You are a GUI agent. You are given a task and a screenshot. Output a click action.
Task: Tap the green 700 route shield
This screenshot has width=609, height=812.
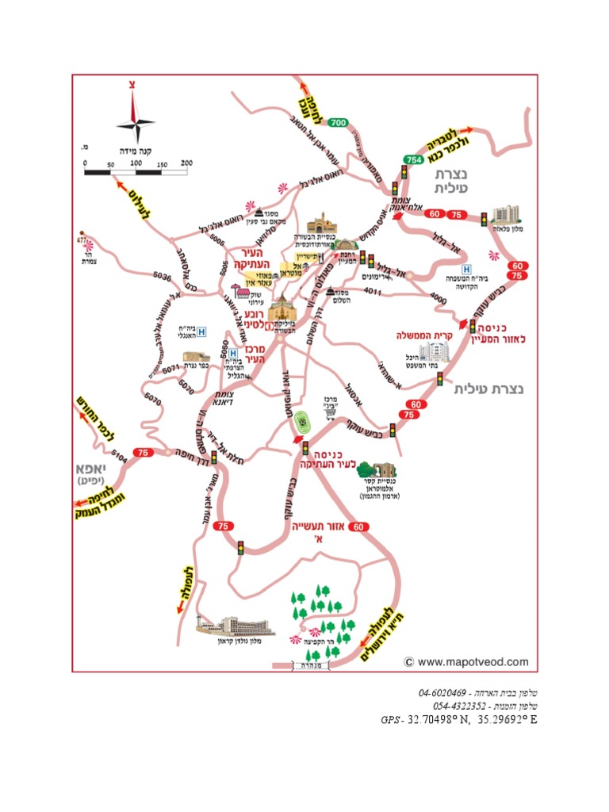click(x=339, y=122)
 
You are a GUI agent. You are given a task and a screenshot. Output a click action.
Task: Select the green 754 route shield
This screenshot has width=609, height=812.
click(x=413, y=159)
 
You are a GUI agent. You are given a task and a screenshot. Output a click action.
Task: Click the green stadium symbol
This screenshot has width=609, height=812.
click(x=302, y=419)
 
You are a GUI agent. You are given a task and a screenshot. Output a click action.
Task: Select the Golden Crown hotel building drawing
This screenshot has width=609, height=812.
click(x=236, y=626)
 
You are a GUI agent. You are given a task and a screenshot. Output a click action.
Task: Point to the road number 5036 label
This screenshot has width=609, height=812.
click(x=163, y=277)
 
